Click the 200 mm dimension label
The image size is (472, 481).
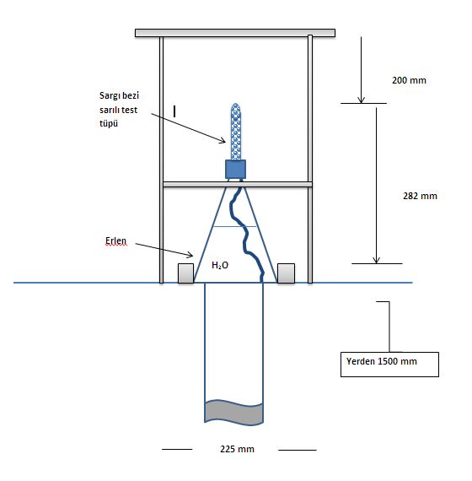coord(409,80)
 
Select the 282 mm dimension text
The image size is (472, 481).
coord(420,196)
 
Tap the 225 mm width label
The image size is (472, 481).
coord(237,449)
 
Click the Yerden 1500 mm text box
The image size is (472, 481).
coord(389,365)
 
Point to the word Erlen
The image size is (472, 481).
coord(115,240)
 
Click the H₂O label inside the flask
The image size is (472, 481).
coord(220,265)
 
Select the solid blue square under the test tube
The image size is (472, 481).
coord(235,169)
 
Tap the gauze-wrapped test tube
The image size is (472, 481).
coord(235,132)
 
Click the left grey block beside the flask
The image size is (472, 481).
coord(185,273)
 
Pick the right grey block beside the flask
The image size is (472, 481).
coord(286,273)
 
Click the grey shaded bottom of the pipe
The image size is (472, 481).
coord(233,413)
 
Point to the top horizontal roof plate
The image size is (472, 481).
coord(235,33)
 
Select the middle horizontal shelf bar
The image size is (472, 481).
coord(238,184)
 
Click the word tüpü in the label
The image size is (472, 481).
coord(109,123)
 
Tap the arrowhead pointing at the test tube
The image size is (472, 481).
coord(223,140)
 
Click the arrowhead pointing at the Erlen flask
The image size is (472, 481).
coord(190,254)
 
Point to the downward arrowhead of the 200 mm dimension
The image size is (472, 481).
coord(361,100)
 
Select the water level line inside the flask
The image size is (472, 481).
coord(235,226)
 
